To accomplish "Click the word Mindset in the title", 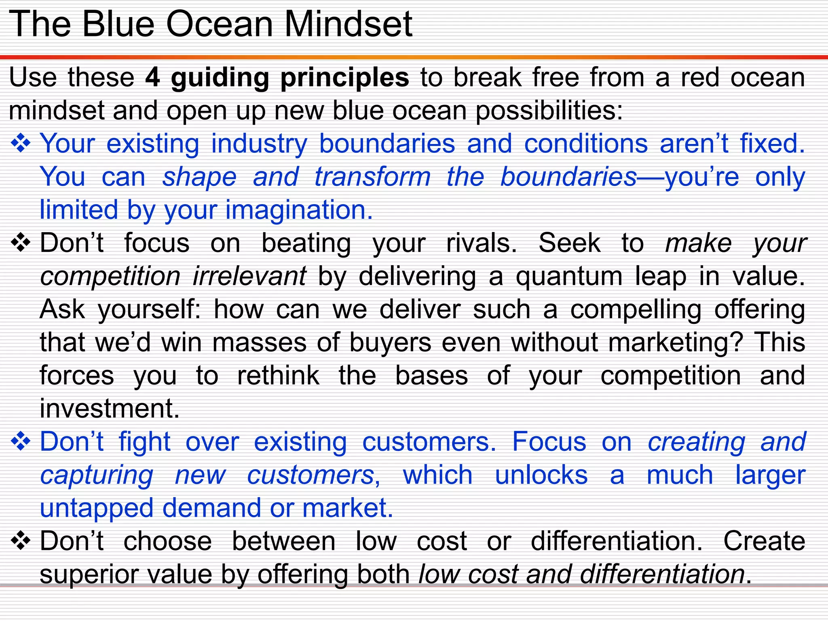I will coord(348,24).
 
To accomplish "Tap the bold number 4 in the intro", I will coord(152,77).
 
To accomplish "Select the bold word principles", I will coord(344,78).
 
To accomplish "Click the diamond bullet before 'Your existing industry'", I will coord(21,144).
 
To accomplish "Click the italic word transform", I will coord(372,177).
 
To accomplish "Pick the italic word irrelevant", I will coord(249,277).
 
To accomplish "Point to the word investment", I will coord(109,408).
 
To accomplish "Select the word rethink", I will coord(278,376).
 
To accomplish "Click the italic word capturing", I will coord(97,475).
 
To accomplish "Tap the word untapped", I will coord(97,509).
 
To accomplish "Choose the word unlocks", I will coord(541,475).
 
